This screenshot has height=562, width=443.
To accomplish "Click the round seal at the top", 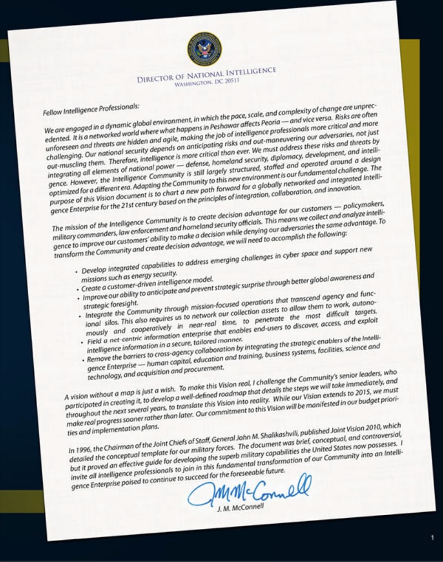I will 204,49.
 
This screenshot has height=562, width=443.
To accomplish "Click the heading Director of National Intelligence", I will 206,75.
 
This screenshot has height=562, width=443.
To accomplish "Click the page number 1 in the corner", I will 432,537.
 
